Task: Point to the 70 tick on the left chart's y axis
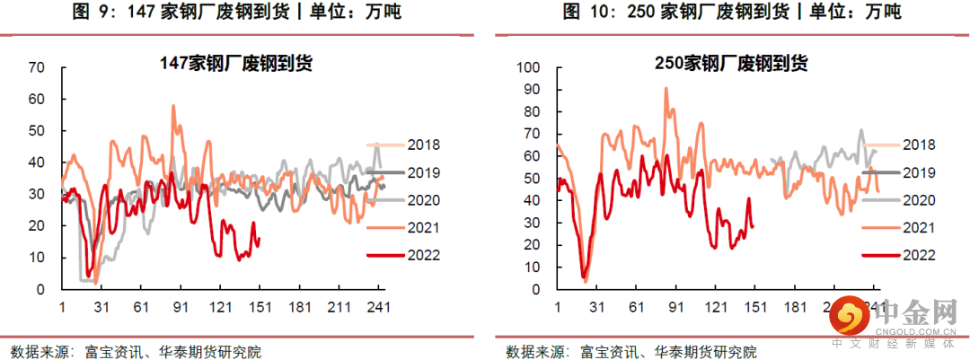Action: (x=37, y=67)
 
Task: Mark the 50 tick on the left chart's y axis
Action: (x=37, y=131)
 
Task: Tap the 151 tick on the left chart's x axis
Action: (x=261, y=307)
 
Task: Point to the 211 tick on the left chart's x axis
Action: (x=340, y=307)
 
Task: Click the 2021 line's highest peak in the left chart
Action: (x=172, y=106)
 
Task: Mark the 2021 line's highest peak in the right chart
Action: (x=666, y=88)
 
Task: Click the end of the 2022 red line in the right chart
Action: (x=753, y=226)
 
